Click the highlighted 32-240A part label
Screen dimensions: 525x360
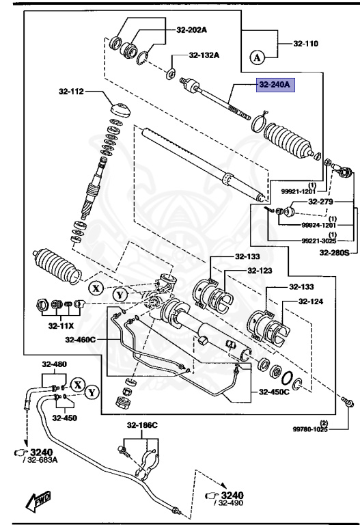click(274, 85)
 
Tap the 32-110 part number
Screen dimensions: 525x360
click(307, 44)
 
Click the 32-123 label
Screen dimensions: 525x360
click(260, 271)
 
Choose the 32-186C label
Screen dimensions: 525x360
click(141, 425)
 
